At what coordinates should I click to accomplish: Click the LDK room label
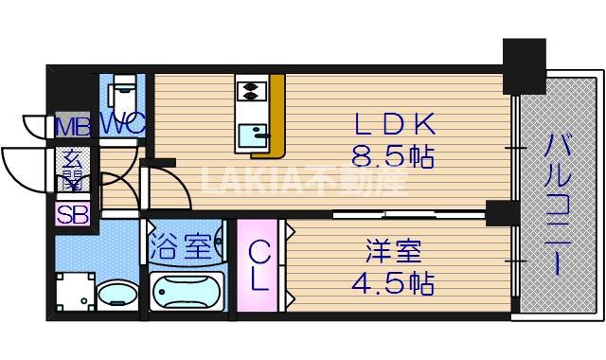(x=395, y=124)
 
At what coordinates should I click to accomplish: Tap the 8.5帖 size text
(x=393, y=156)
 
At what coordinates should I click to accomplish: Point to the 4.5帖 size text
(x=393, y=283)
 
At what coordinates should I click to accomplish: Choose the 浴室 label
(x=180, y=246)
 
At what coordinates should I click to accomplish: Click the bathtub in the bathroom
(x=187, y=291)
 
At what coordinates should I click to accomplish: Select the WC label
(x=123, y=124)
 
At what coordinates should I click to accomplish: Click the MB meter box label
(x=73, y=126)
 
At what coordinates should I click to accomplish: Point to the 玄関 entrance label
(x=72, y=170)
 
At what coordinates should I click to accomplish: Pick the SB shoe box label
(x=73, y=214)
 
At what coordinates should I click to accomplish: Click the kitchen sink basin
(x=253, y=135)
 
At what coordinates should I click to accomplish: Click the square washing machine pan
(x=76, y=292)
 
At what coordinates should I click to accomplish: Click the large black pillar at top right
(x=524, y=66)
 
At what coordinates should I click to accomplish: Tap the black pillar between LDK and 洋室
(x=502, y=212)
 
